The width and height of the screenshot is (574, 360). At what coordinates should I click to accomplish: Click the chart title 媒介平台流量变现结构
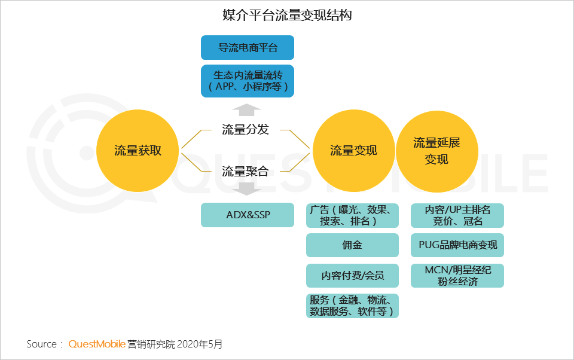(286, 15)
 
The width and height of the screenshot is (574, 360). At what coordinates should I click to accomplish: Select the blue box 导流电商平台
(248, 48)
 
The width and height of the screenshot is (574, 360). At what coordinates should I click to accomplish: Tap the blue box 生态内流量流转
(248, 81)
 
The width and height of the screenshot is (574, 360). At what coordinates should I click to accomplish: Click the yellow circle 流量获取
(138, 151)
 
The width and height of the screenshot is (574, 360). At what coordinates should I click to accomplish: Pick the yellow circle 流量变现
(353, 151)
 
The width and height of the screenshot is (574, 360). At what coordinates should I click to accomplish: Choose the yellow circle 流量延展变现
(436, 151)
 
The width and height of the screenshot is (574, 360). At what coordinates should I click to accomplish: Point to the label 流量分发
(245, 129)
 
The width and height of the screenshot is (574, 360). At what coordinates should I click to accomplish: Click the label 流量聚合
(245, 172)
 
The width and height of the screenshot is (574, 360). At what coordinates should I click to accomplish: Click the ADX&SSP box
(248, 215)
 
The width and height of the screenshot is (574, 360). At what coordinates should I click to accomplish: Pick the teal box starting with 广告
(352, 215)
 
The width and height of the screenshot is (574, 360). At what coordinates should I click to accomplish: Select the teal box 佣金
(352, 245)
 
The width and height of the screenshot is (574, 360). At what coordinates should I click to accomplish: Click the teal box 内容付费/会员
(352, 276)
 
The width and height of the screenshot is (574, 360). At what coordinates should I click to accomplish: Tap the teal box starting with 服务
(352, 306)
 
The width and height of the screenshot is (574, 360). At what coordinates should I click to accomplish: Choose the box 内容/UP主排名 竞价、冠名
(457, 215)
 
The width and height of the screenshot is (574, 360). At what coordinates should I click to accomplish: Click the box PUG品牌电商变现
(457, 245)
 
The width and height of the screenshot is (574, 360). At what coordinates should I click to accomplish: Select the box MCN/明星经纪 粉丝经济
(457, 276)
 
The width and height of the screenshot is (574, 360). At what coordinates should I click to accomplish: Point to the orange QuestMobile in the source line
(97, 344)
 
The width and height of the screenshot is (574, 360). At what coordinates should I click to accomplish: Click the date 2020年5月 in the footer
(200, 344)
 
